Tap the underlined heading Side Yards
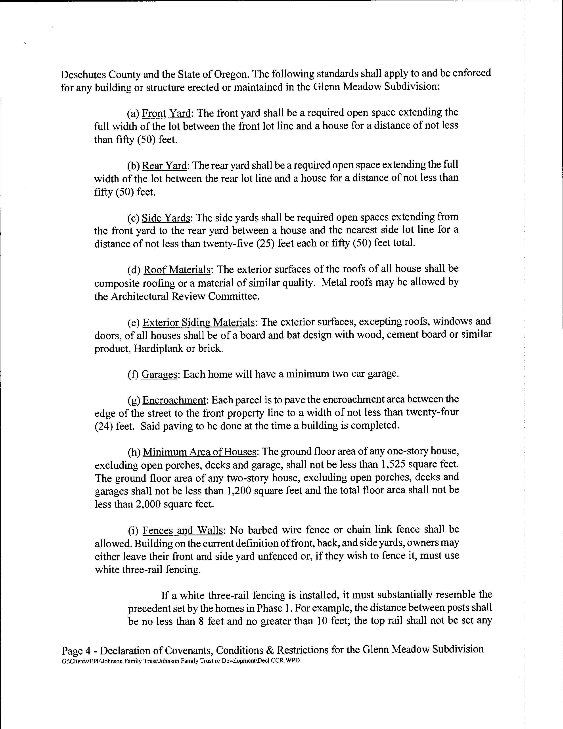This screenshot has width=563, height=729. tap(166, 218)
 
